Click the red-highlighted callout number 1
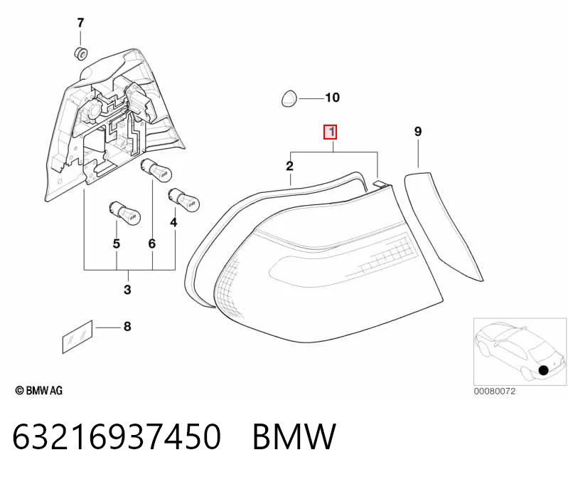tap(331, 132)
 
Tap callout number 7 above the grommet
tap(80, 23)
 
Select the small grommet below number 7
tap(80, 53)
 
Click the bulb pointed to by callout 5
tap(124, 213)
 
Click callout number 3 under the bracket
tap(127, 290)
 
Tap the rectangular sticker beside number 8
tap(77, 337)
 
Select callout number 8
tap(127, 327)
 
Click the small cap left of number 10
tap(289, 98)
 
